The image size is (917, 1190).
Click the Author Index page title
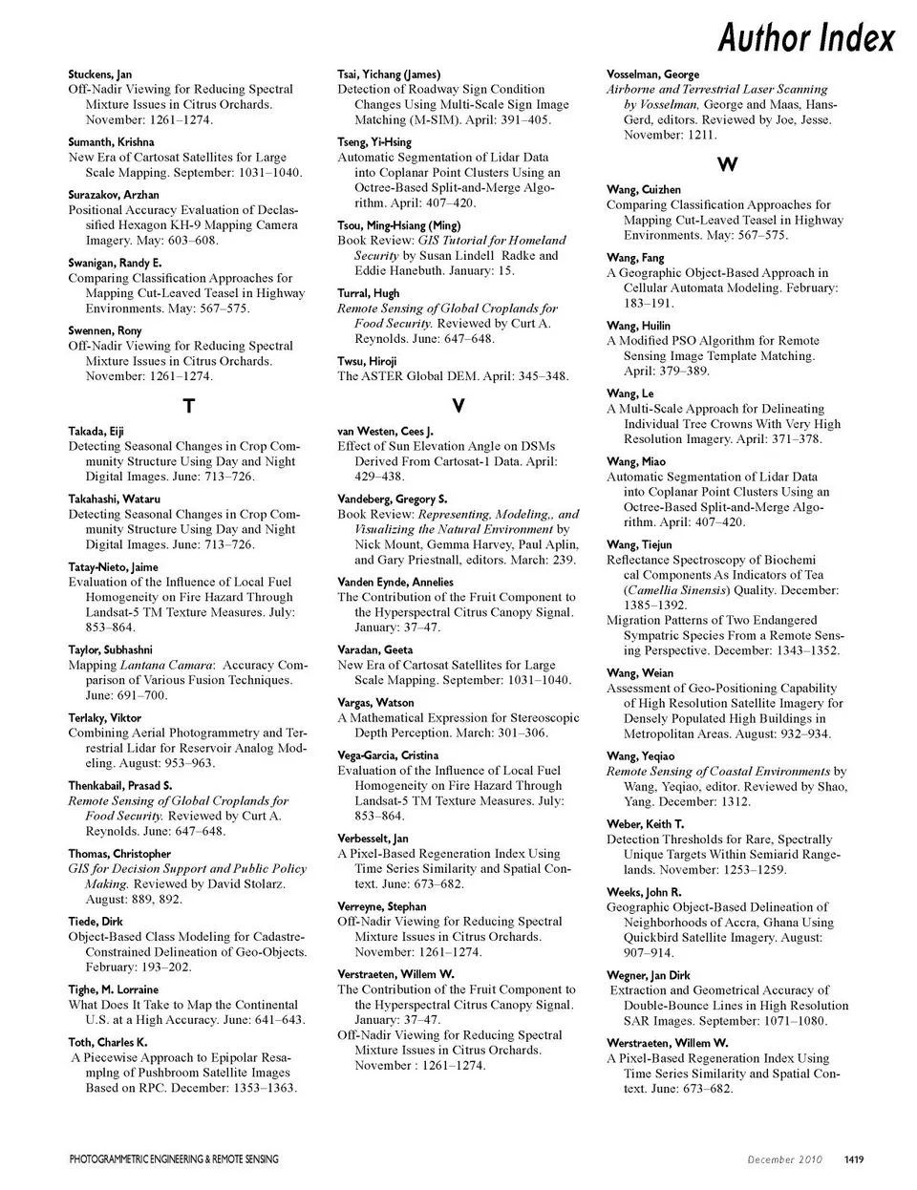805,37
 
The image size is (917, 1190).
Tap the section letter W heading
727,165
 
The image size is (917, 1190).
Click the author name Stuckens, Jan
100,74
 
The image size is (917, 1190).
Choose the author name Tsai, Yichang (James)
389,74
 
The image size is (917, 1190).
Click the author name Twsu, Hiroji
367,361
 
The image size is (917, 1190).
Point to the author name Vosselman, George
652,74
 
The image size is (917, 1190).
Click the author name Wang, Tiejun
639,544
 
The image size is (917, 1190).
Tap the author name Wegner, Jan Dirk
648,975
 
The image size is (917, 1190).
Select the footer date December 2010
784,1159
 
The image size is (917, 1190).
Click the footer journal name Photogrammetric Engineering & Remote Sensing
174,1159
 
